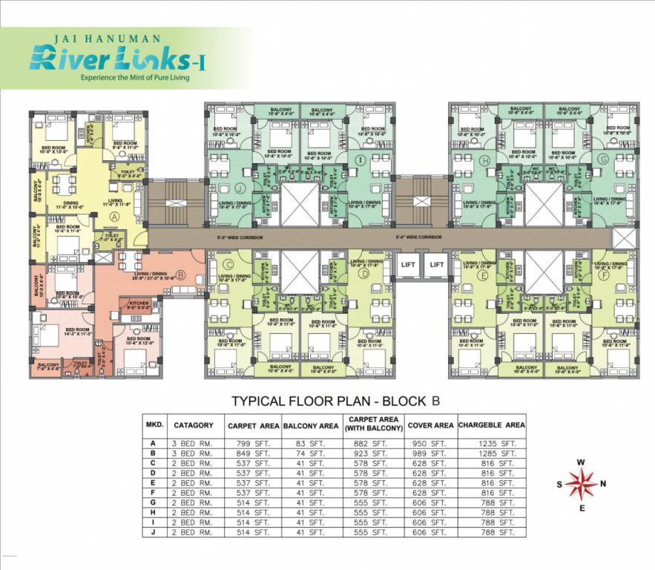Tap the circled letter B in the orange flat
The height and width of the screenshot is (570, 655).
pyautogui.click(x=180, y=274)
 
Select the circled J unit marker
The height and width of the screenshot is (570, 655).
pyautogui.click(x=240, y=188)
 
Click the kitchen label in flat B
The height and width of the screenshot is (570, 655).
pyautogui.click(x=139, y=304)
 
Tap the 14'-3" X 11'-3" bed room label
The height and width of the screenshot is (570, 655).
pyautogui.click(x=77, y=332)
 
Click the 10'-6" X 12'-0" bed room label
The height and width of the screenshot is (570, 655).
pyautogui.click(x=139, y=342)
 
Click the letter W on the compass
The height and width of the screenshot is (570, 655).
pyautogui.click(x=581, y=462)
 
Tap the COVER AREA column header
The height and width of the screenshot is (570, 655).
pyautogui.click(x=430, y=425)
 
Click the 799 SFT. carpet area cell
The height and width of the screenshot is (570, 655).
pyautogui.click(x=253, y=443)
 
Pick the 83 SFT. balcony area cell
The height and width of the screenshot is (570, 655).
pyautogui.click(x=312, y=443)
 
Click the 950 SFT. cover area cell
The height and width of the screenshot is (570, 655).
pyautogui.click(x=430, y=443)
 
